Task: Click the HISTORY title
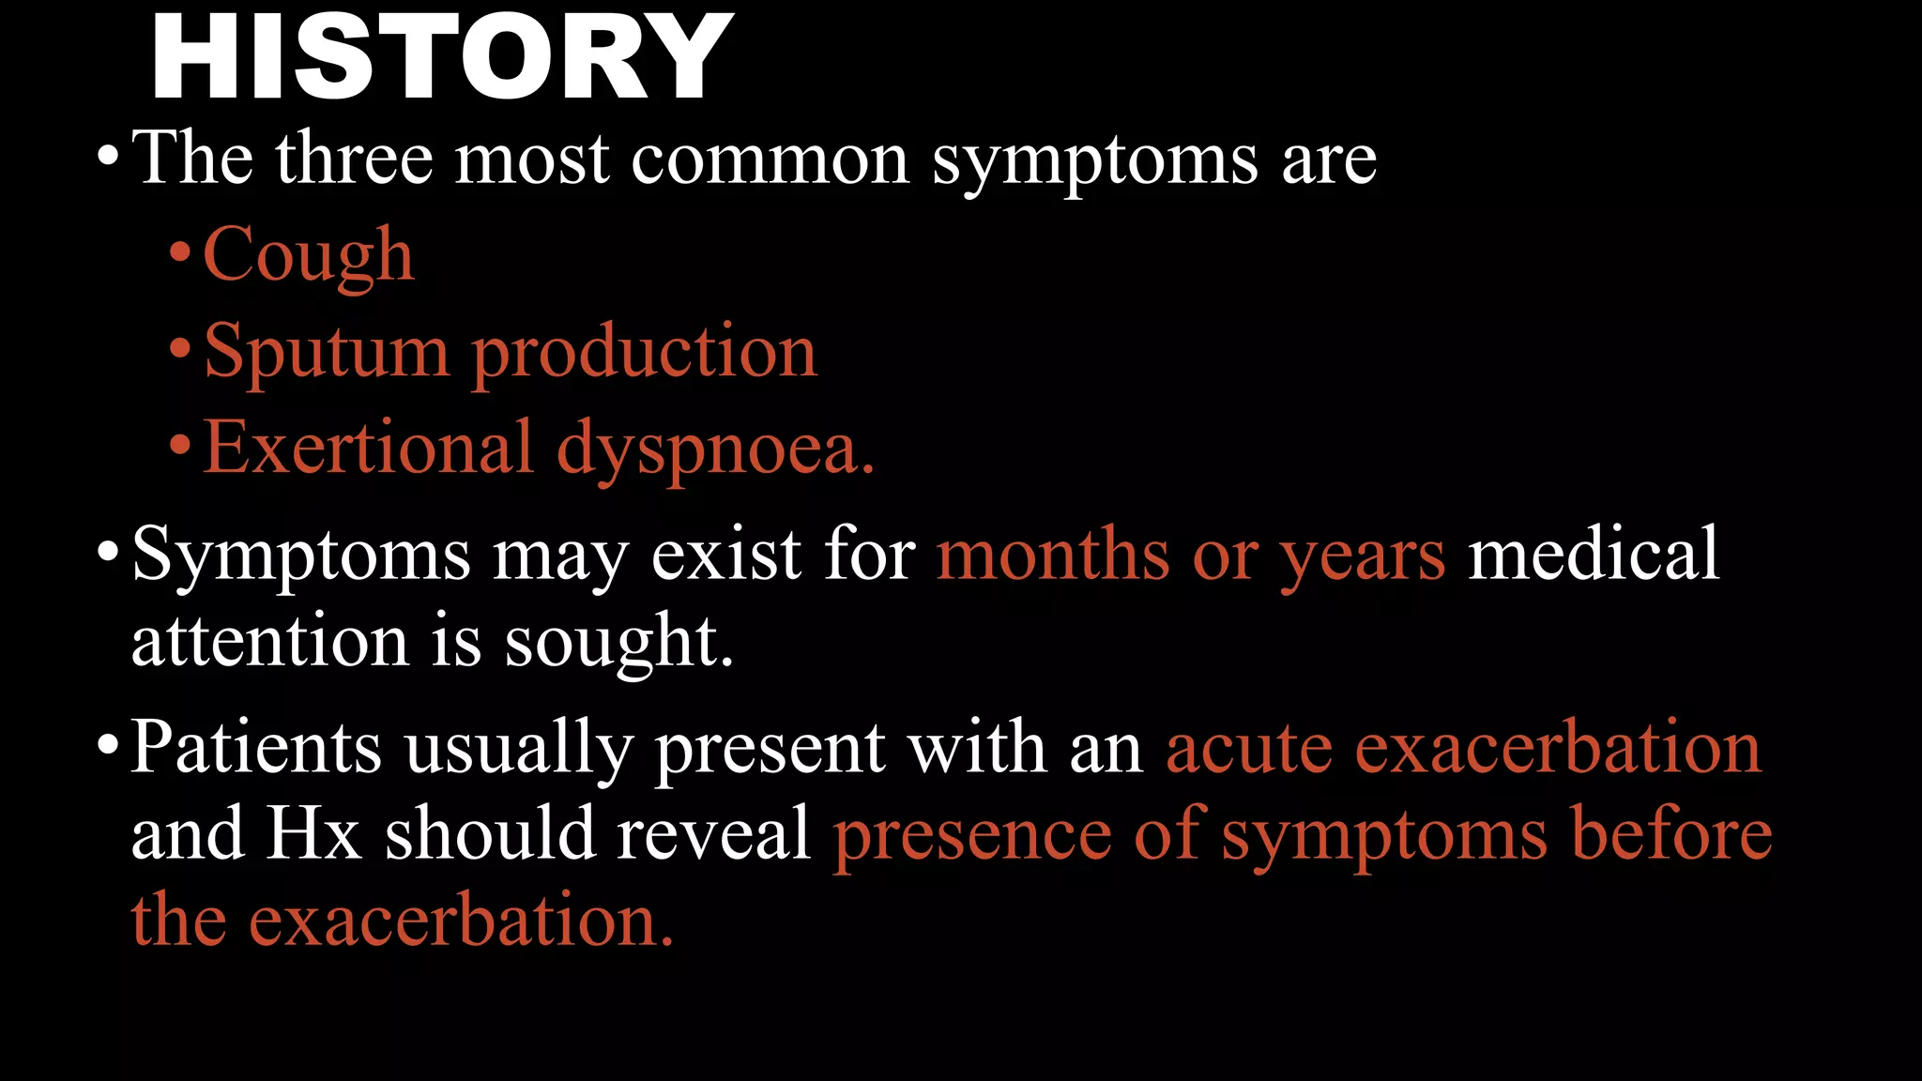click(x=441, y=58)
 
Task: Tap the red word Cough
click(x=308, y=255)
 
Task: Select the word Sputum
click(x=327, y=352)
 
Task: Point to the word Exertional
click(x=369, y=448)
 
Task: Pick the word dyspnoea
click(x=715, y=449)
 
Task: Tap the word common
click(x=770, y=160)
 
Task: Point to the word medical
click(x=1594, y=554)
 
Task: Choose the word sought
click(x=618, y=643)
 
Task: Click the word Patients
click(x=256, y=748)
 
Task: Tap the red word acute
click(x=1248, y=749)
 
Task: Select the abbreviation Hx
click(x=313, y=833)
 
